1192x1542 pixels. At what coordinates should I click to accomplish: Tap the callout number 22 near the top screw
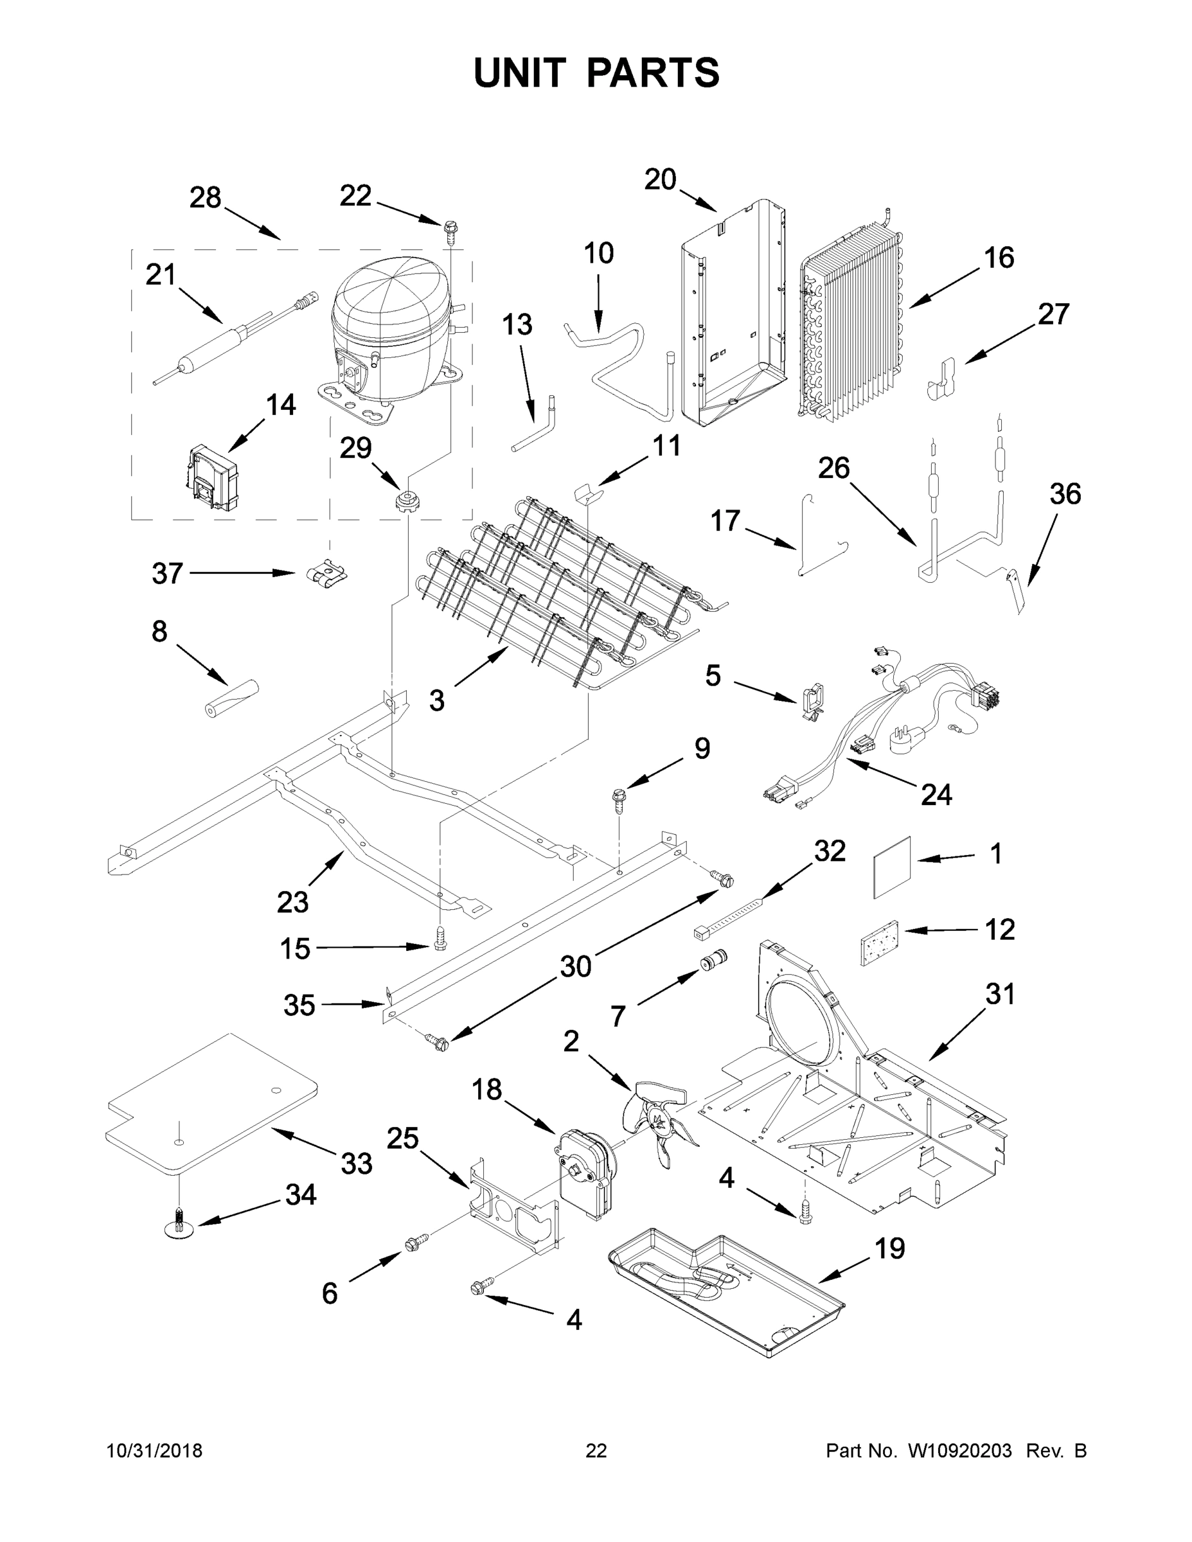click(x=355, y=195)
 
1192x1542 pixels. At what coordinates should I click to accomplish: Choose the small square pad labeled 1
click(x=893, y=867)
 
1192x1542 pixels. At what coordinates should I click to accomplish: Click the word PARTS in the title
click(x=654, y=73)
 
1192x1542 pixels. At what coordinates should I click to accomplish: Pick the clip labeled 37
click(x=327, y=573)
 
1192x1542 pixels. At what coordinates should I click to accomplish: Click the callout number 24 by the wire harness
click(x=936, y=795)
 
